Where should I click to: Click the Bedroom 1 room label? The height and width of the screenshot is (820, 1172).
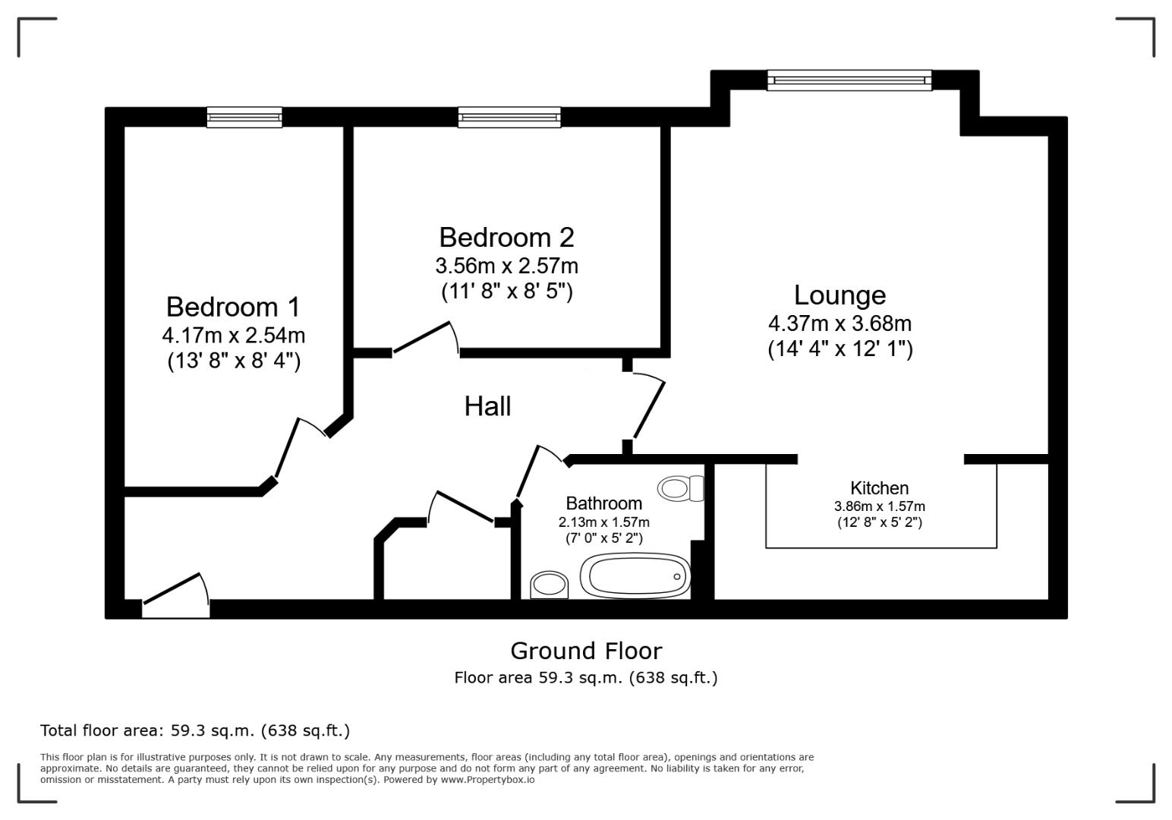coord(233,307)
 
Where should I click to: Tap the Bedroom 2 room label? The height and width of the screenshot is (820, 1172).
coord(506,238)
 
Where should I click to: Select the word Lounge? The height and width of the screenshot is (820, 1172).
coord(840,295)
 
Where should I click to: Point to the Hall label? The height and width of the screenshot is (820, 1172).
coord(487,406)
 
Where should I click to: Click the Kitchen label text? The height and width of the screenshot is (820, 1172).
coord(879,488)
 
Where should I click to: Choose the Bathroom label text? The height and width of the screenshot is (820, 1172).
coord(603,503)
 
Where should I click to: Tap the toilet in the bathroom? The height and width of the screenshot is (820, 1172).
coord(681,488)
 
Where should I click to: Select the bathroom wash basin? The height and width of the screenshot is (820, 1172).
coord(549,585)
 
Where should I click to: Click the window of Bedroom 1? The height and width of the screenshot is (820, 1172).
coord(244,117)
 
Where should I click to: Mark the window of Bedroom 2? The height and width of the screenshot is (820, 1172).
coord(509,117)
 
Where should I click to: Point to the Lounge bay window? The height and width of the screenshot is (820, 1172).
coord(849,80)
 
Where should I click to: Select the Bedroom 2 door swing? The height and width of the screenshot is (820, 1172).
coord(426,338)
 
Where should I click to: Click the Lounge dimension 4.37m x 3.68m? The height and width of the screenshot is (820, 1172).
coord(840,323)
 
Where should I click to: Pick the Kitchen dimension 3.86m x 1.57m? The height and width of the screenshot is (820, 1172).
coord(879,506)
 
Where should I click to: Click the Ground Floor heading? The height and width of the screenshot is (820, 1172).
coord(585,651)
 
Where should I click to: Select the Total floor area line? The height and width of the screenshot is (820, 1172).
coord(195,730)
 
